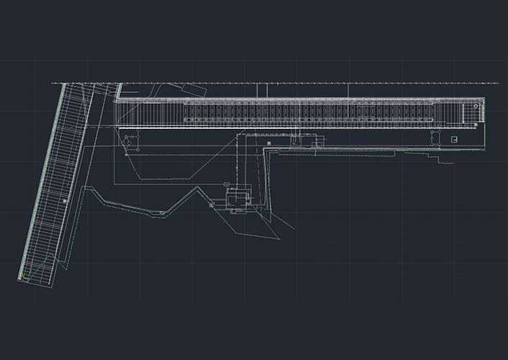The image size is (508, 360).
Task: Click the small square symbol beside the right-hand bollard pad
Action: [454, 139]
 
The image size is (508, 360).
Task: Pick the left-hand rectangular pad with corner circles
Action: [130, 141]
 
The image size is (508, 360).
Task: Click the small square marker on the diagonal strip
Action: [65, 201]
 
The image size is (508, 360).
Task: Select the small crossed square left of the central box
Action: [212, 204]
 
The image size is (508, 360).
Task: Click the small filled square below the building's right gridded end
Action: [454, 139]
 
